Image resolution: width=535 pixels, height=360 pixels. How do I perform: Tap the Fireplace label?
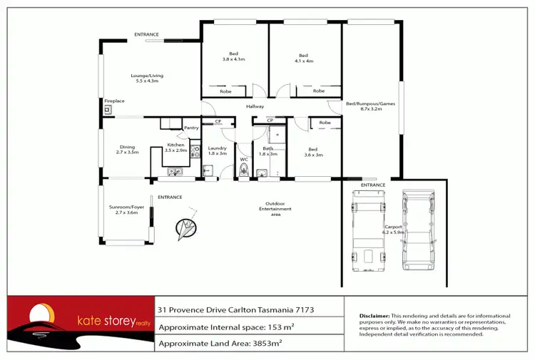114,101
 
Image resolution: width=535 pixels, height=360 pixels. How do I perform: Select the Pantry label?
191,128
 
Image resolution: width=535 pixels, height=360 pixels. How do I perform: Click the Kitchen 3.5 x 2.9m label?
175,148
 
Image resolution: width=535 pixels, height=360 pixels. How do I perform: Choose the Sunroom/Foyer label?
126,210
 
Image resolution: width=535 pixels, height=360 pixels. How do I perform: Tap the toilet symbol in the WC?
244,169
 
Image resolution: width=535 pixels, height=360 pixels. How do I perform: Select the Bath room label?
267,150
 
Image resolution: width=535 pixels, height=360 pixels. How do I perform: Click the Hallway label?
255,107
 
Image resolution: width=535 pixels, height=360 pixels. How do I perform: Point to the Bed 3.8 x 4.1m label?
233,58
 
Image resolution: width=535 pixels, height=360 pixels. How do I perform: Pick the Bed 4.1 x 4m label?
303,58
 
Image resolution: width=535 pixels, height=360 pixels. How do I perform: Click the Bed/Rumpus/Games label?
370,106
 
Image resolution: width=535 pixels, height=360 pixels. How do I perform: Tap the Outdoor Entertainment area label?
275,209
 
